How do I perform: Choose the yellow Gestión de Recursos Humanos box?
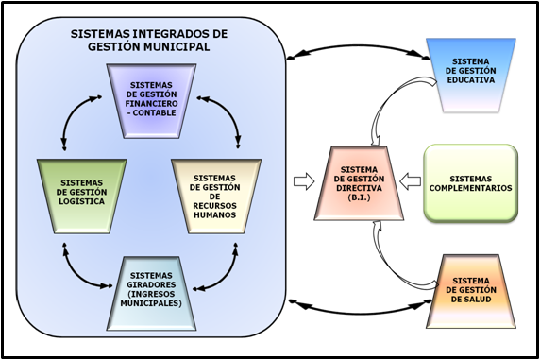click(213, 195)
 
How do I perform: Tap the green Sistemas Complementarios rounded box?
click(469, 181)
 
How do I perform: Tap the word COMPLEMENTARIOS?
click(469, 187)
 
